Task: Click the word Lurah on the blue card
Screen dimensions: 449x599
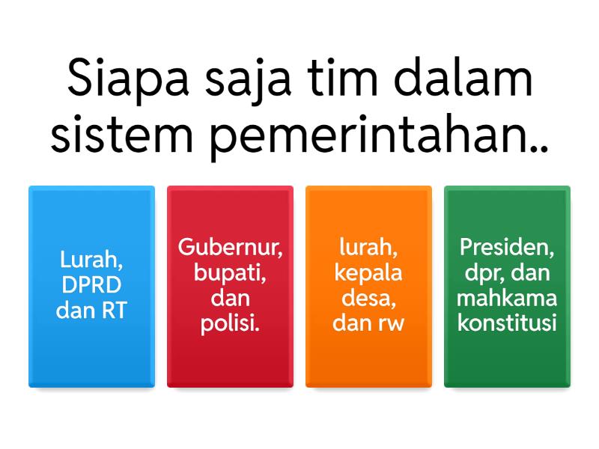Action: click(91, 260)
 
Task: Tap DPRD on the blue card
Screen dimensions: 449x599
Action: click(91, 285)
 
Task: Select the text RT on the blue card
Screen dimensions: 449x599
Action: click(114, 310)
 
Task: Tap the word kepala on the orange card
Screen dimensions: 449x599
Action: click(368, 272)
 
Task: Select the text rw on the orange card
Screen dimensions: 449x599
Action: click(389, 324)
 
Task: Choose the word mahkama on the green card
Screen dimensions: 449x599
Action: click(507, 298)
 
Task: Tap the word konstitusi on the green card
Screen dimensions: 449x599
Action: click(507, 324)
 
